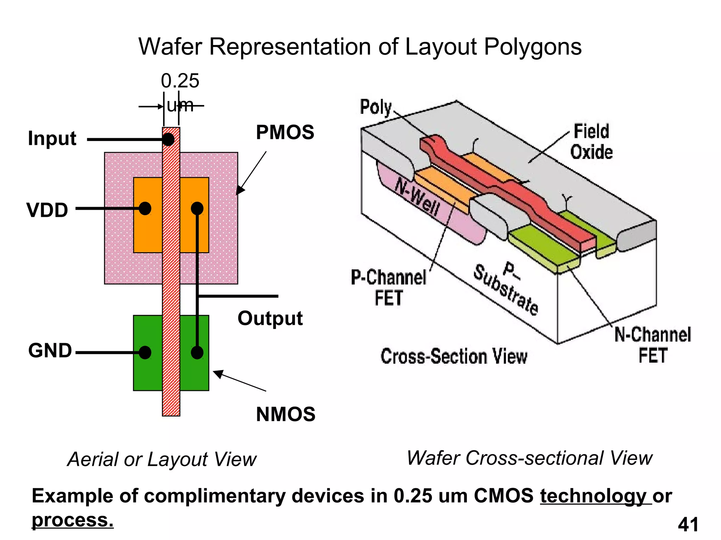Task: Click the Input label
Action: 52,139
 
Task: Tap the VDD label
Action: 47,210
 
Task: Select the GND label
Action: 50,351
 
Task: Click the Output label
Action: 270,319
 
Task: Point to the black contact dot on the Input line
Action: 168,140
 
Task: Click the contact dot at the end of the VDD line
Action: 145,208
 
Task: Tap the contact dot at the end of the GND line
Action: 145,352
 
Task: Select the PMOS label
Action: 285,133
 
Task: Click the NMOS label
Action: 286,414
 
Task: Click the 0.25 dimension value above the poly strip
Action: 180,81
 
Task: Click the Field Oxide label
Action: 591,142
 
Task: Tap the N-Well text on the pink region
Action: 418,197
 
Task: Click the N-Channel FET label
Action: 653,345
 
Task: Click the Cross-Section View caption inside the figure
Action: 454,356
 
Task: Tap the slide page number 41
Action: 688,525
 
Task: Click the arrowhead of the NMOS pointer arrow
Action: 217,373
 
